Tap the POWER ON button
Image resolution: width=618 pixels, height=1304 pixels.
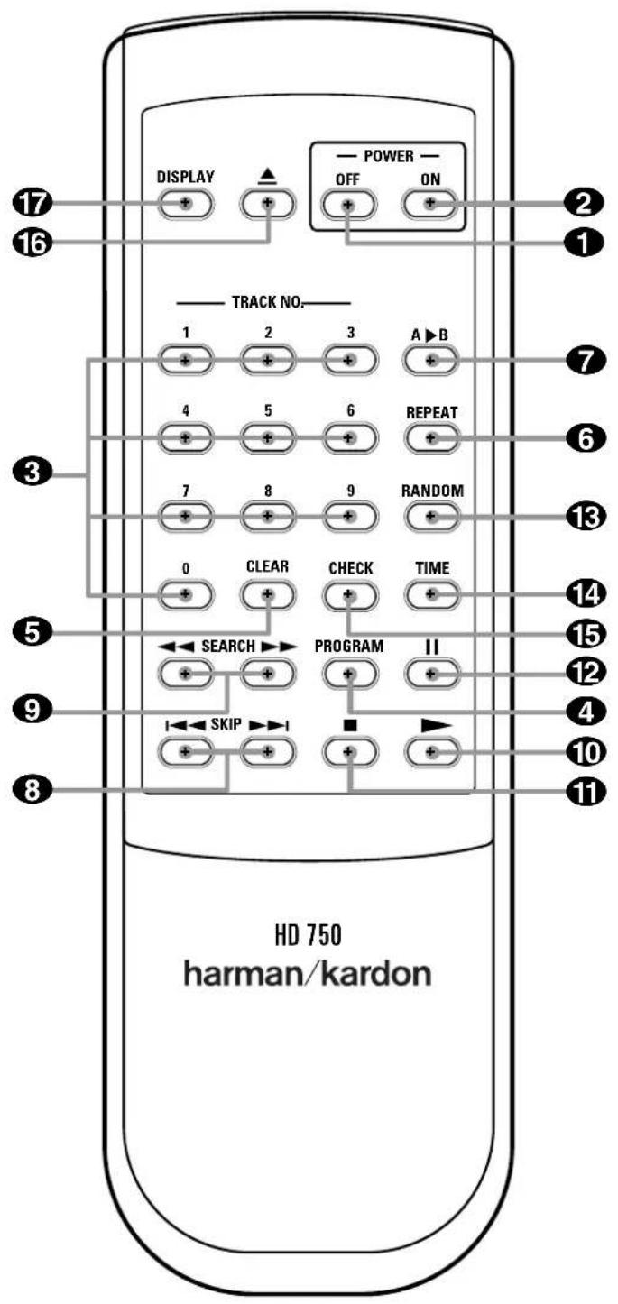[x=429, y=204]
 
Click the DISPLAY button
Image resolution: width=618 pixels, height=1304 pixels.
[x=185, y=204]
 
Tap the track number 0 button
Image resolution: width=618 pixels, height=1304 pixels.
[x=185, y=595]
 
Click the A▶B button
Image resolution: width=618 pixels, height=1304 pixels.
[x=429, y=361]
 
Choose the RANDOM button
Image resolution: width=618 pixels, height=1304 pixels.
[x=429, y=517]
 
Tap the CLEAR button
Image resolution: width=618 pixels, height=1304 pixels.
[x=267, y=595]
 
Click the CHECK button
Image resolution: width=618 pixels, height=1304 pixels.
[x=348, y=595]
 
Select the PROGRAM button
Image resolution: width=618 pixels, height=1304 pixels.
[x=348, y=675]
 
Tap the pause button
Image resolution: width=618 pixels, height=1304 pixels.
[x=429, y=675]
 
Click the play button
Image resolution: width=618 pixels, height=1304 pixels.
[x=429, y=752]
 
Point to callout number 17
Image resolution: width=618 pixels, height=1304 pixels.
[x=33, y=204]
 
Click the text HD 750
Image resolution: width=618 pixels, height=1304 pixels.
[x=309, y=935]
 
